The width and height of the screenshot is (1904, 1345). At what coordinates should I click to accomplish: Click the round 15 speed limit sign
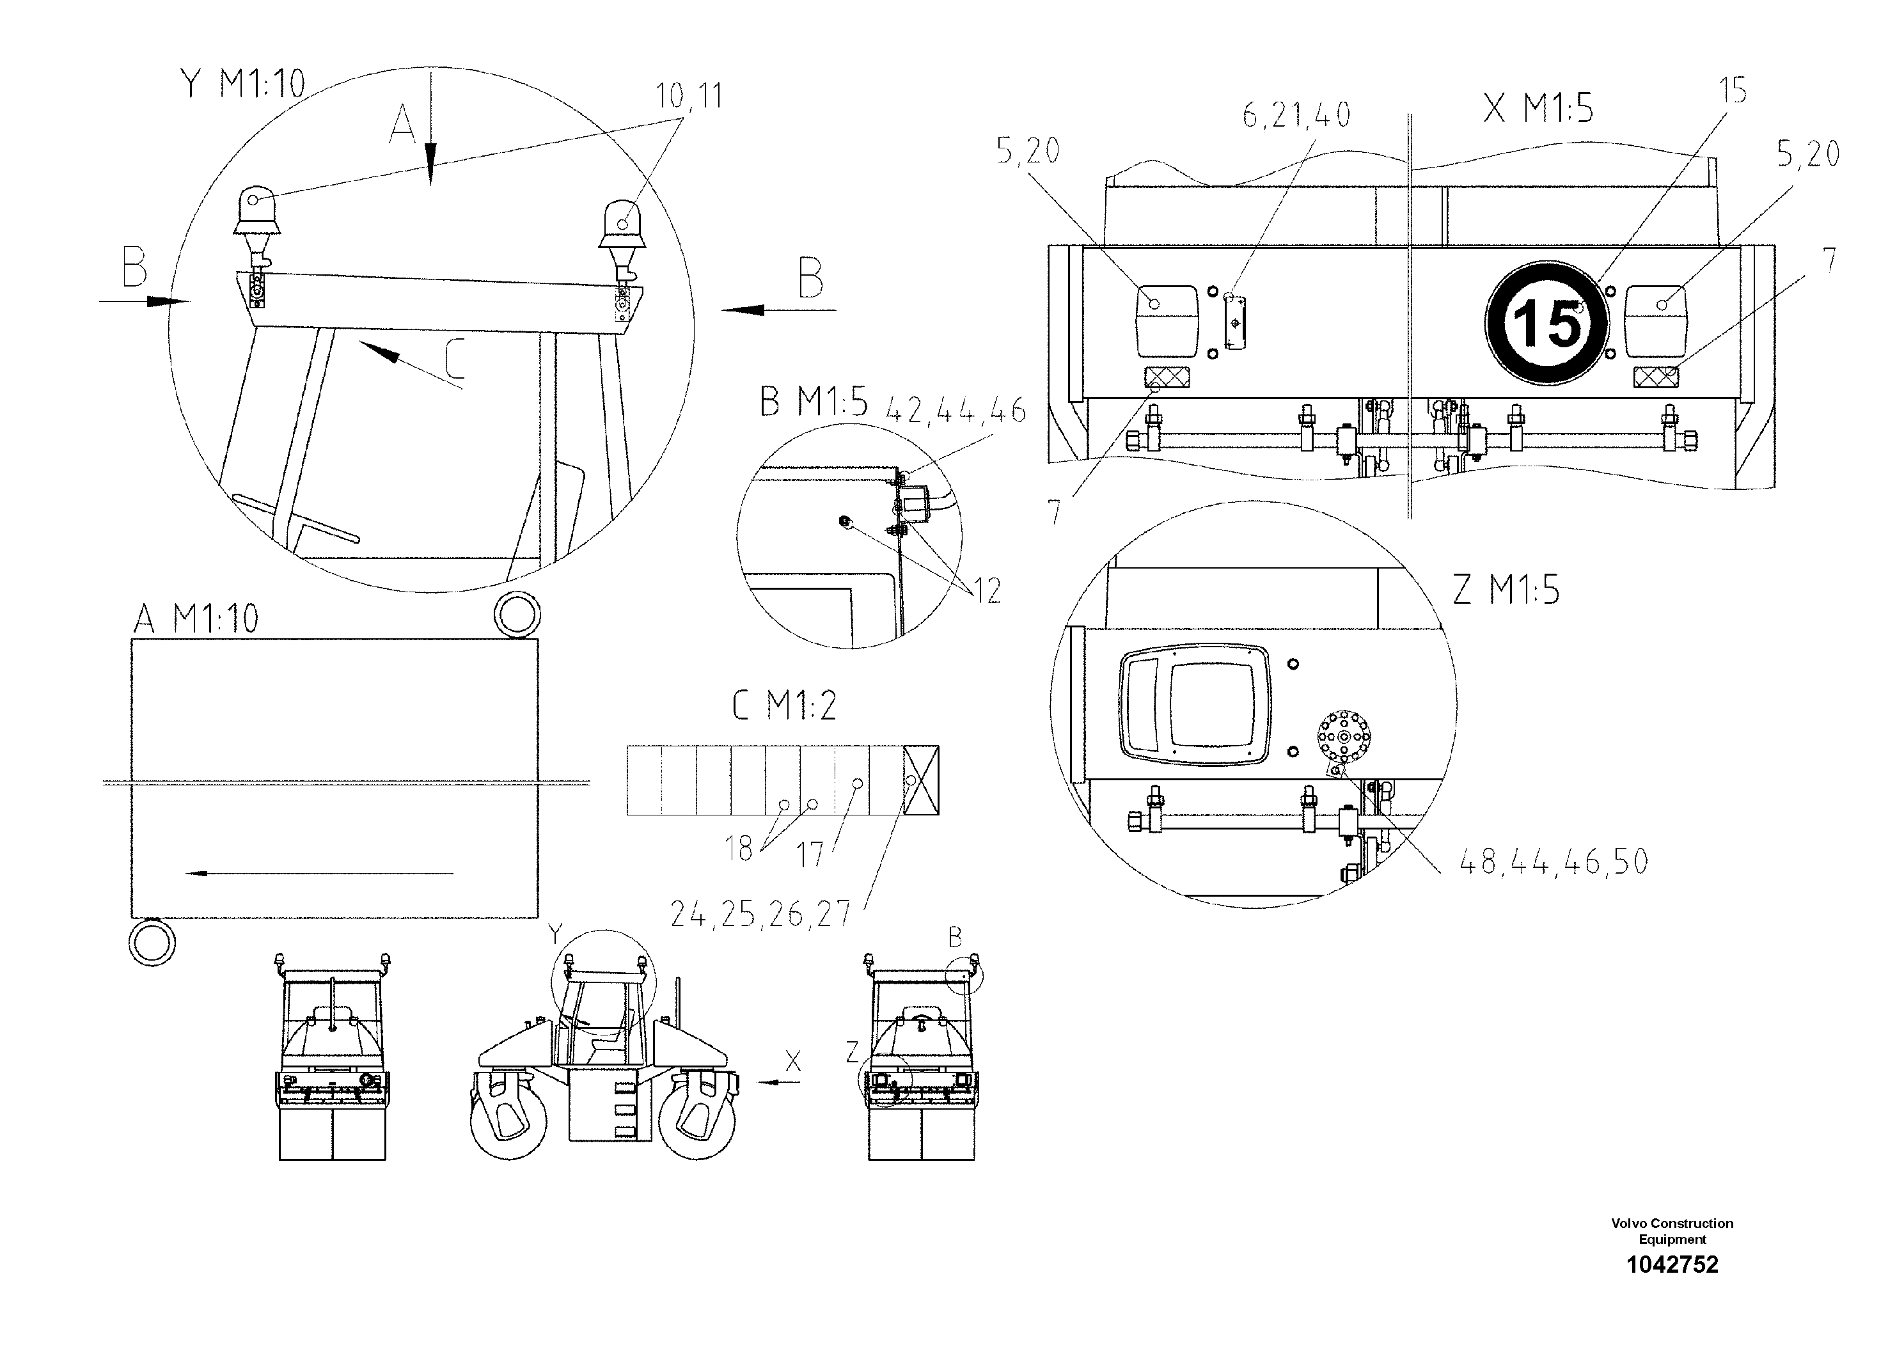pyautogui.click(x=1546, y=324)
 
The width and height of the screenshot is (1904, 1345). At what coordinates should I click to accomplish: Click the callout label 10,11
pyautogui.click(x=689, y=97)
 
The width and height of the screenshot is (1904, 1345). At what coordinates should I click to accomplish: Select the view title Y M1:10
pyautogui.click(x=243, y=84)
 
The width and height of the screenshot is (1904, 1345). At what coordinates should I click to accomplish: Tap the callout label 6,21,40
pyautogui.click(x=1296, y=115)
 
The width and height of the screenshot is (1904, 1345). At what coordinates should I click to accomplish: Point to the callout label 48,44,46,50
pyautogui.click(x=1554, y=863)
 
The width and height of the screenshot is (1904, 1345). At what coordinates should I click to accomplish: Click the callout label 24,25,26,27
pyautogui.click(x=760, y=914)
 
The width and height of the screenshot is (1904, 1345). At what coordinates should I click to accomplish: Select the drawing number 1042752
pyautogui.click(x=1672, y=1264)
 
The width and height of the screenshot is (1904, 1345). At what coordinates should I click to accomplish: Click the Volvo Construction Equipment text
pyautogui.click(x=1672, y=1231)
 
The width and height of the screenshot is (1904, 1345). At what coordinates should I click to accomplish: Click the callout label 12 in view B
pyautogui.click(x=987, y=591)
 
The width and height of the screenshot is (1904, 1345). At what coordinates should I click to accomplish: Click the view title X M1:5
pyautogui.click(x=1538, y=109)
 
